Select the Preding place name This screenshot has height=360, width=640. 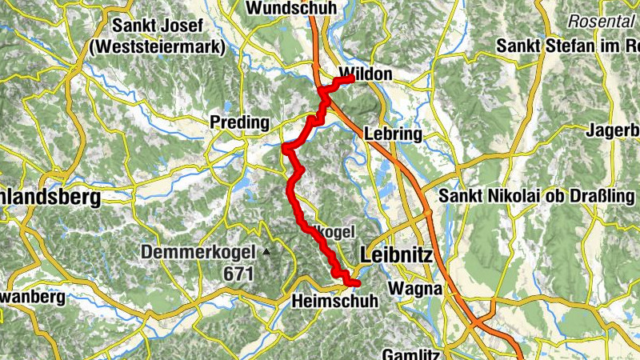click(238, 122)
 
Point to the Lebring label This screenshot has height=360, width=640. click(392, 134)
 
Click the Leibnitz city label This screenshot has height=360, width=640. click(397, 255)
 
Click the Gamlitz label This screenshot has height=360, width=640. click(410, 353)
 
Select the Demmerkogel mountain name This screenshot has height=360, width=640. click(198, 253)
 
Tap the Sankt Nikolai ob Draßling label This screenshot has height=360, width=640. click(537, 196)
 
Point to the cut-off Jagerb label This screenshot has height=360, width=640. click(613, 130)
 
